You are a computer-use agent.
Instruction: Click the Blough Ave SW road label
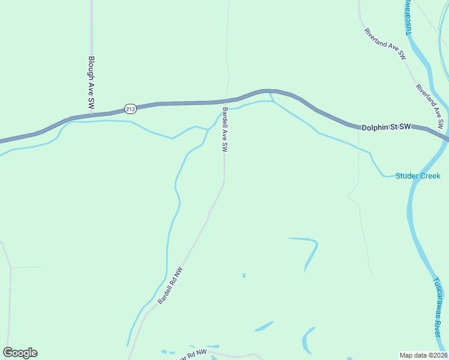(x=91, y=82)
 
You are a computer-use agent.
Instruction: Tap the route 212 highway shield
(x=131, y=109)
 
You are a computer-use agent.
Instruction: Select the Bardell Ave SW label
(x=225, y=130)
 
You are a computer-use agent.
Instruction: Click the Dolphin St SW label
(x=386, y=127)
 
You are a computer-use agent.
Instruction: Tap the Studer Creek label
(x=418, y=176)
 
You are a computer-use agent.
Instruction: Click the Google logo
(x=20, y=353)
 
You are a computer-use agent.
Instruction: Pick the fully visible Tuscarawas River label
(x=439, y=308)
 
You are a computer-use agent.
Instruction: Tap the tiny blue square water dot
(x=244, y=275)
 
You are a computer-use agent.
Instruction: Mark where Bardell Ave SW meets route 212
(x=225, y=101)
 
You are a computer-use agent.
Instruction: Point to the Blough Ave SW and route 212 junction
(x=91, y=114)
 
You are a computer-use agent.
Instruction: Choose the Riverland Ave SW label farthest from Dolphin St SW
(x=385, y=44)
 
